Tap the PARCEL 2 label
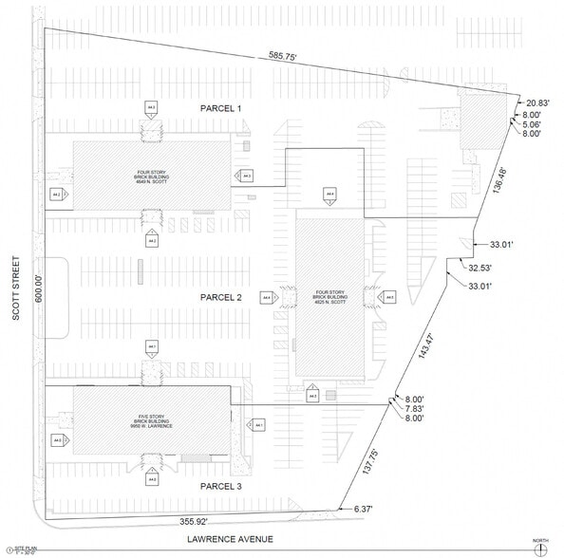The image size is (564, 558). tap(220, 297)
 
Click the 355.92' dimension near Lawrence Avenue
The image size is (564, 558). tap(200, 521)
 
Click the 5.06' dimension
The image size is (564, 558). tap(532, 124)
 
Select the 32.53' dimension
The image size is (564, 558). tap(481, 269)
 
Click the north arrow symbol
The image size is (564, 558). tap(540, 548)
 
